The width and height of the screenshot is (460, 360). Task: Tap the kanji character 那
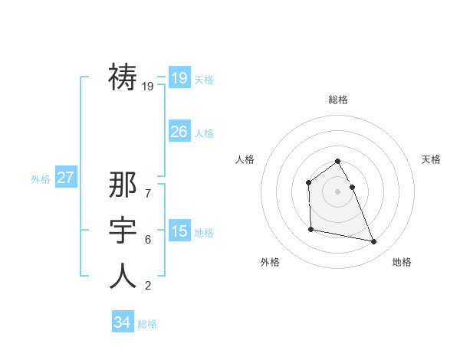click(x=123, y=185)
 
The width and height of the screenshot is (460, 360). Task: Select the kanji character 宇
click(x=123, y=231)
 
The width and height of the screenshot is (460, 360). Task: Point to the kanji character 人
click(x=123, y=276)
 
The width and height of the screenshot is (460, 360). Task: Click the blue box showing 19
click(x=179, y=77)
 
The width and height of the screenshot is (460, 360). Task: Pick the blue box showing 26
click(x=179, y=131)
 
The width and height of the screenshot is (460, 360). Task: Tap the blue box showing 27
click(x=65, y=178)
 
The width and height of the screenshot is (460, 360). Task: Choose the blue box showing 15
click(x=179, y=231)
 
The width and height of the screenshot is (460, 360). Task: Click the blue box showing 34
click(x=122, y=322)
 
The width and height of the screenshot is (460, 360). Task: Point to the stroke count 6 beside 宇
click(x=148, y=240)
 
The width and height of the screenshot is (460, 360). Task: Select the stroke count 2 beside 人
click(x=148, y=286)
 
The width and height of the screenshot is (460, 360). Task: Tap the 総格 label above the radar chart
click(x=338, y=100)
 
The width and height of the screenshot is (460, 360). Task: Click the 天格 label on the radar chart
click(x=431, y=159)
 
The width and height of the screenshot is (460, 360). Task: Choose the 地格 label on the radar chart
click(x=402, y=262)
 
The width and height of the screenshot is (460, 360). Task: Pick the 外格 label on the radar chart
click(x=270, y=262)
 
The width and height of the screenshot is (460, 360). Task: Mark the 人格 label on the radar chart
click(x=245, y=159)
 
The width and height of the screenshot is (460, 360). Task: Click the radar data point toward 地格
click(x=374, y=242)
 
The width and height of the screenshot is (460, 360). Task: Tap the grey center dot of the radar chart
click(x=337, y=191)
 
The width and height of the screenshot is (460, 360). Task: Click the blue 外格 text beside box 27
click(x=41, y=179)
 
